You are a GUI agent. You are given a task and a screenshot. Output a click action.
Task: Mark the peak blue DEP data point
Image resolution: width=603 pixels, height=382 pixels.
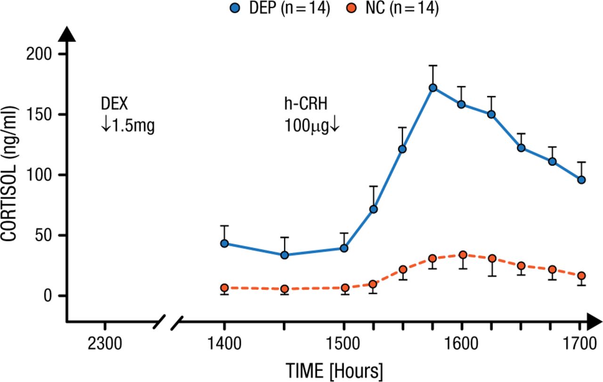coord(432,88)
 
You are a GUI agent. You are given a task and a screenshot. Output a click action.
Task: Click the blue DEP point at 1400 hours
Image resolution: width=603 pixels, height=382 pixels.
coord(224,244)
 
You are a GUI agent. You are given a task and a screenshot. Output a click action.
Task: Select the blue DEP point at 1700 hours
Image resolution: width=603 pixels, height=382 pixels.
coord(581,180)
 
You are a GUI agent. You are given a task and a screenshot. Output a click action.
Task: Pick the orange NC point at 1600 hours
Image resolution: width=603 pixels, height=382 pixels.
coord(463,255)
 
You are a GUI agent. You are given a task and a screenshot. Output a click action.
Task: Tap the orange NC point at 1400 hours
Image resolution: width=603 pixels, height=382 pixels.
coord(224,288)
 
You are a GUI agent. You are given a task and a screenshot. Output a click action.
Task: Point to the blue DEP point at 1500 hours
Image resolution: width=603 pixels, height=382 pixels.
coord(344,248)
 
